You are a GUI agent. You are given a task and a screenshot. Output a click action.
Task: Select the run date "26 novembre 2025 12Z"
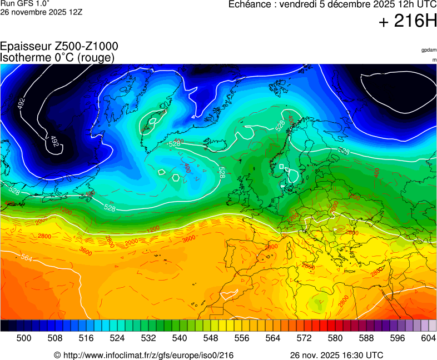(41, 12)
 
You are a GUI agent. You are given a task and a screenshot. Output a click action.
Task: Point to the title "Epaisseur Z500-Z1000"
(59, 47)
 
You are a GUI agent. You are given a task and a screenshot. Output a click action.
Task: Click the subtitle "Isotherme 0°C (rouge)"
(57, 57)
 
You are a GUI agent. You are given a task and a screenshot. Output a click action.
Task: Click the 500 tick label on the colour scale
(24, 337)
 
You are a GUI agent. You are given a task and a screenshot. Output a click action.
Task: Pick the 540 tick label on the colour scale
(180, 337)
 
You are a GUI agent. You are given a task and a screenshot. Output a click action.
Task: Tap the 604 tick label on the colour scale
(428, 337)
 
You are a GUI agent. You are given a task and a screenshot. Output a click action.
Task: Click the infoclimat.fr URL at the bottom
(143, 355)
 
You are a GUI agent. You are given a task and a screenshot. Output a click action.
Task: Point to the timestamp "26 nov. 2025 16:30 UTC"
(336, 355)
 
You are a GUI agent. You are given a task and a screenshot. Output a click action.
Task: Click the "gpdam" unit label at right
(428, 50)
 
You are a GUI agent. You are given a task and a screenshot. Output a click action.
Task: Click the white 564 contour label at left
(26, 257)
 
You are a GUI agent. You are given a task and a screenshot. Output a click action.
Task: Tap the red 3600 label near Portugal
(189, 239)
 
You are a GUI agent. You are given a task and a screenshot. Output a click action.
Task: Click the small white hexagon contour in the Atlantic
(176, 178)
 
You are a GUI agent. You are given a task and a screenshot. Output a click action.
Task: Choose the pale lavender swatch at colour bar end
(432, 326)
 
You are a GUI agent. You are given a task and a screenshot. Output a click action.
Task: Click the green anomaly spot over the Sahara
(317, 304)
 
